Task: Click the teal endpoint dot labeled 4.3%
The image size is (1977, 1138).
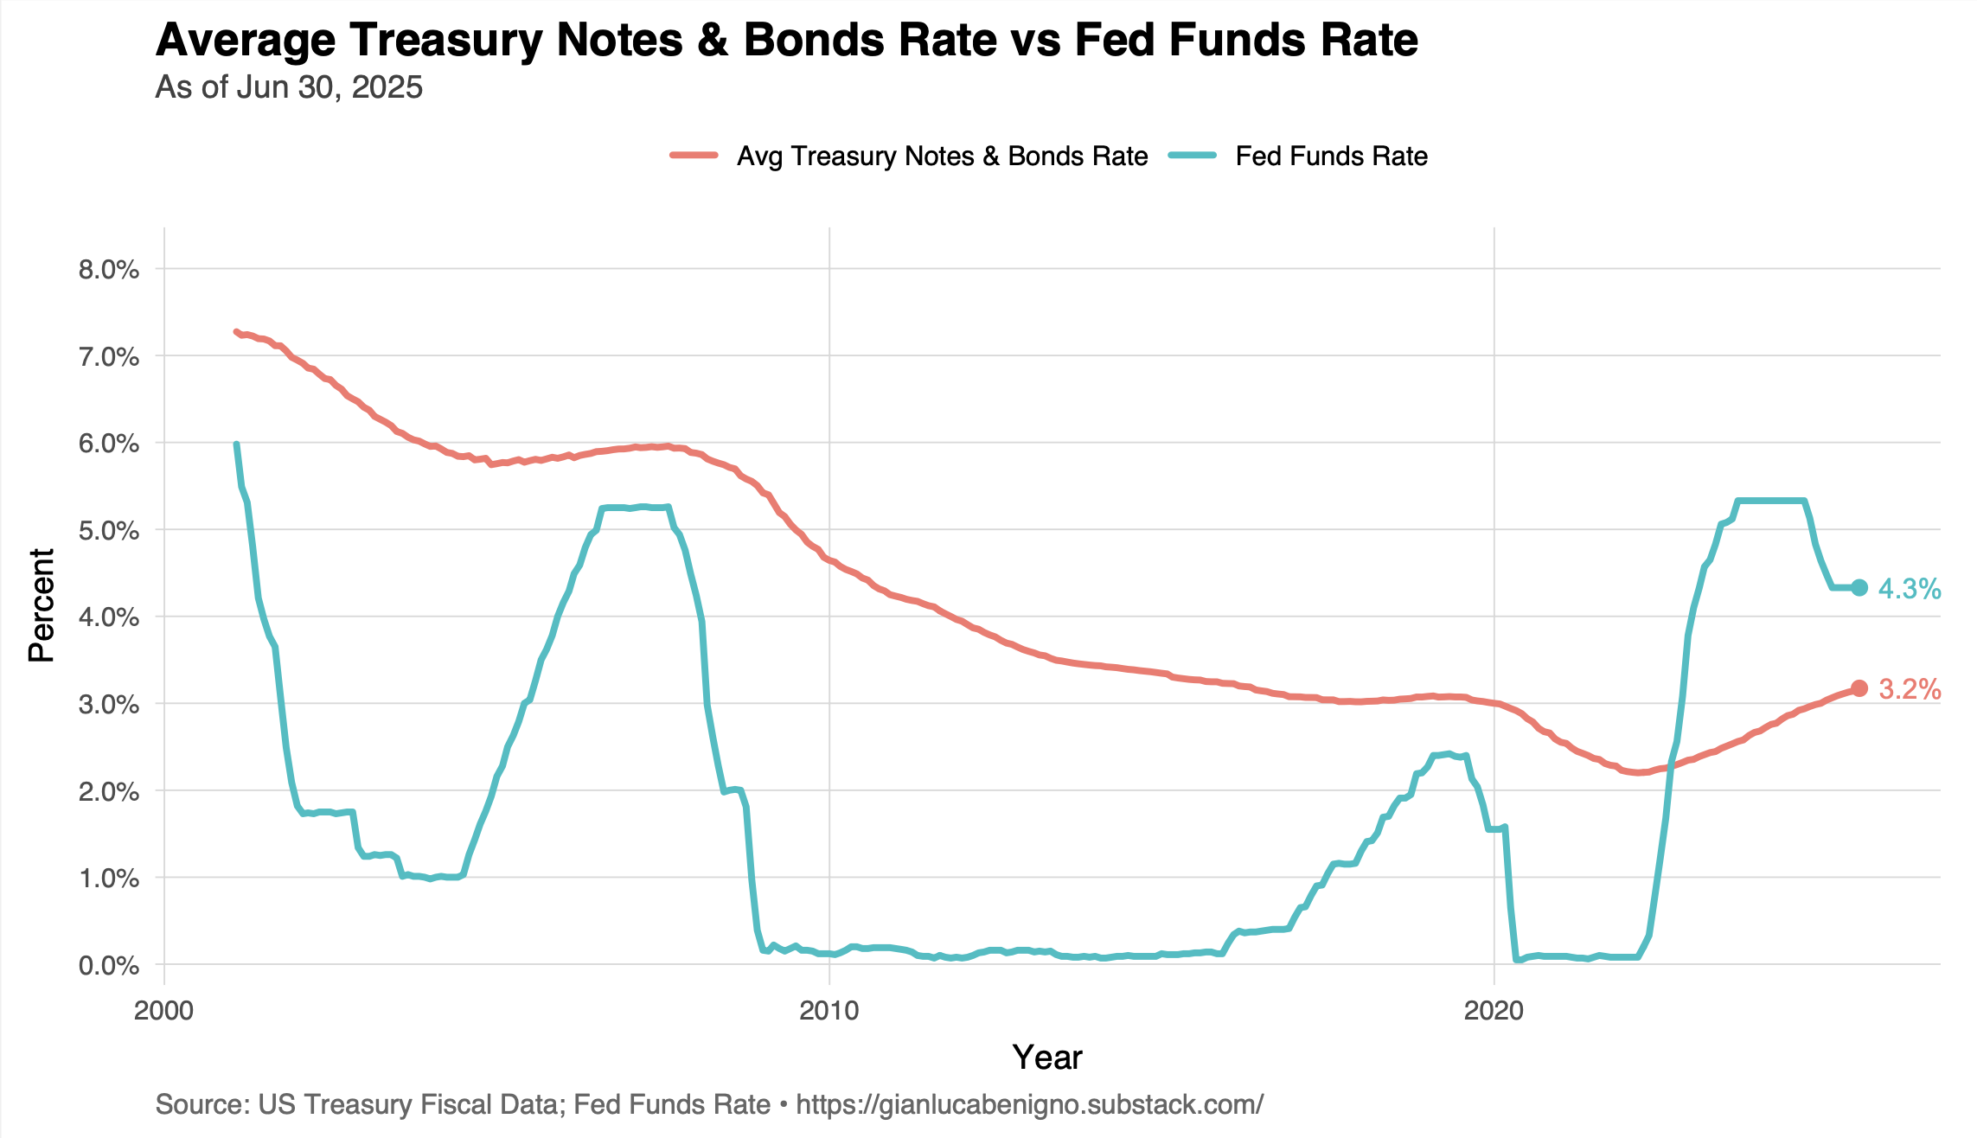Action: coord(1859,588)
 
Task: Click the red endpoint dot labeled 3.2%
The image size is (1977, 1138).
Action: coord(1859,688)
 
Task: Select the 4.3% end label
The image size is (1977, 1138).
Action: coord(1910,589)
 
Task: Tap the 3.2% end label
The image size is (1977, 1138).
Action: coord(1910,689)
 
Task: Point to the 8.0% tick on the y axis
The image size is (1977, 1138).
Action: coord(109,270)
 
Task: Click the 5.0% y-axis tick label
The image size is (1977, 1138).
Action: coord(109,531)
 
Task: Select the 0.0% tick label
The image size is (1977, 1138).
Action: coord(109,966)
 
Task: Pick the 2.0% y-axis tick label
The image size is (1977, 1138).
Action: coord(109,792)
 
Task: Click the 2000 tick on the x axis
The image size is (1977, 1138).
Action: coord(164,1011)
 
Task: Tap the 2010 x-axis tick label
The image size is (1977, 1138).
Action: coord(829,1011)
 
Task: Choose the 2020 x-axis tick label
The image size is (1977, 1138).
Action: coord(1494,1011)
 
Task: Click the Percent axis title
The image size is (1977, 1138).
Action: coord(42,605)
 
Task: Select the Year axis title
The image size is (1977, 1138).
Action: coord(1046,1058)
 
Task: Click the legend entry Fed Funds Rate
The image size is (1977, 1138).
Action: coord(1331,157)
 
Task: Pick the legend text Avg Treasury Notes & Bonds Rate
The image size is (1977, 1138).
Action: coord(942,157)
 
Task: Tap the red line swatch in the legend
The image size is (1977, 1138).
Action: coord(694,156)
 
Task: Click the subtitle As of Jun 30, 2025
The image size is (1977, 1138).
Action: coord(289,87)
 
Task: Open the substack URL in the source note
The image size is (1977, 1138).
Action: coord(1029,1104)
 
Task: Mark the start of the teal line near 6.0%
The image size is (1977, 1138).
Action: coord(236,444)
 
